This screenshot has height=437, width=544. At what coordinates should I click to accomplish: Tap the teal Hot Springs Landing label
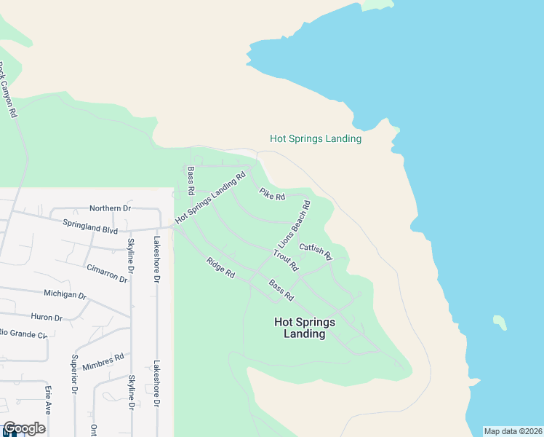pyautogui.click(x=316, y=138)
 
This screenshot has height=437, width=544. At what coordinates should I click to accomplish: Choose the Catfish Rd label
pyautogui.click(x=315, y=251)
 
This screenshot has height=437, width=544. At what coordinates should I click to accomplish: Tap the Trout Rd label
pyautogui.click(x=286, y=260)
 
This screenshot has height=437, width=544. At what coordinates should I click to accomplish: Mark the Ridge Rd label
pyautogui.click(x=220, y=268)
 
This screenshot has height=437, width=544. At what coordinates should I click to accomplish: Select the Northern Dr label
pyautogui.click(x=109, y=208)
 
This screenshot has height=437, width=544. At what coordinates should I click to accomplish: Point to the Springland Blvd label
pyautogui.click(x=90, y=226)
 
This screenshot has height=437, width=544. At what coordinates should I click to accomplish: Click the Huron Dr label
pyautogui.click(x=48, y=317)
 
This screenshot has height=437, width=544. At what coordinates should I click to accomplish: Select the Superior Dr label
pyautogui.click(x=74, y=374)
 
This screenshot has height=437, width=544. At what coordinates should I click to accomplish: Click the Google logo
pyautogui.click(x=24, y=429)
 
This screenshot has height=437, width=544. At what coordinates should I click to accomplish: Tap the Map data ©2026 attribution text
pyautogui.click(x=513, y=431)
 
